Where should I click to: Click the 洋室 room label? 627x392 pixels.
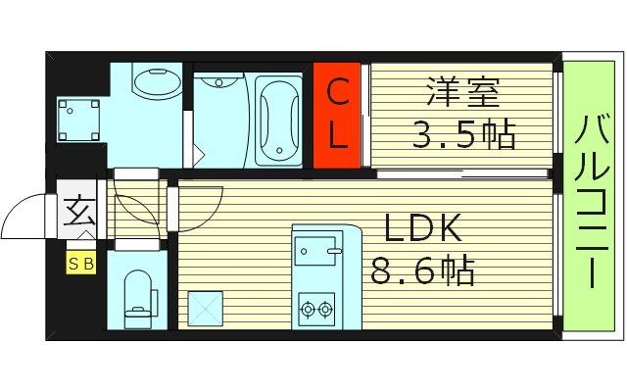462,96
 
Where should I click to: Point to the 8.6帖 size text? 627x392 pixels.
422,269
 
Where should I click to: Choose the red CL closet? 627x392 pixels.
337,115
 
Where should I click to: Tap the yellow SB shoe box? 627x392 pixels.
80,264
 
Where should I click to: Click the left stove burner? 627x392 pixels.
307,311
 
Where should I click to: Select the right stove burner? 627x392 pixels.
325,311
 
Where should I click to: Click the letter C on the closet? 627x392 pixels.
337,94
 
